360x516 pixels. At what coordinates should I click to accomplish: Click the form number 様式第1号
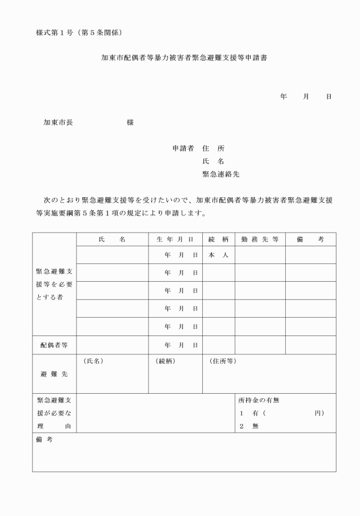coord(57,30)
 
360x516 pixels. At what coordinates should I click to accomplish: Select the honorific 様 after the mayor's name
coord(130,122)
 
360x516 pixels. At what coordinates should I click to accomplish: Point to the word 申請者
coord(183,149)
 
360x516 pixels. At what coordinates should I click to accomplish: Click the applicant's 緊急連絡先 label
coord(221,174)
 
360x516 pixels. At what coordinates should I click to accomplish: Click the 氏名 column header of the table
coord(112,239)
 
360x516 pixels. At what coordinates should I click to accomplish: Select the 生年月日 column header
coord(175,239)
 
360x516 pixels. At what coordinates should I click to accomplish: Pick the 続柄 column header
coord(218,239)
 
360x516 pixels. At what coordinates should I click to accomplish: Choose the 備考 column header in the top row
coord(310,239)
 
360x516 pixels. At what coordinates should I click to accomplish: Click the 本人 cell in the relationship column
coord(218,255)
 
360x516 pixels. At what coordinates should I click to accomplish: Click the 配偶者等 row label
coord(54,345)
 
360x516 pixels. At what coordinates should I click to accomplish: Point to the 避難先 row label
coord(54,374)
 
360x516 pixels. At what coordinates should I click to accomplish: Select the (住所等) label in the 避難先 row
coord(223,361)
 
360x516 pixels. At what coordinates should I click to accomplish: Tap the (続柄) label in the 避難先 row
coord(165,361)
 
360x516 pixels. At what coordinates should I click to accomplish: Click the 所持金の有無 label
coord(259,401)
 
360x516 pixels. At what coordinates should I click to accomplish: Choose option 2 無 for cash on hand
coord(249,426)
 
